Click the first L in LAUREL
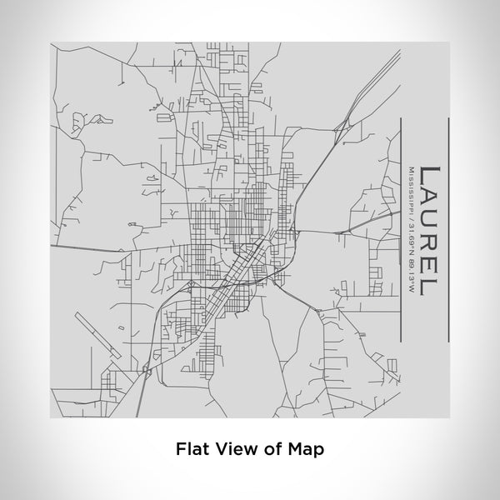[429, 176]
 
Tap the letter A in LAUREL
[429, 201]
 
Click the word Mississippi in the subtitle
[408, 187]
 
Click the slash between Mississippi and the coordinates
[408, 210]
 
